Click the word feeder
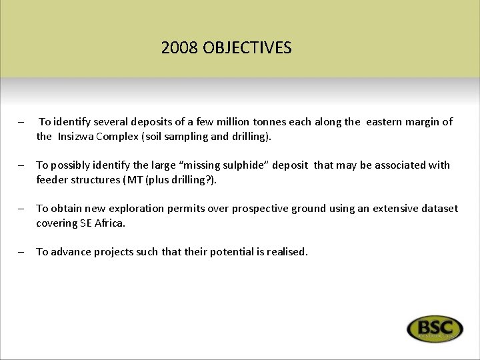coord(52,179)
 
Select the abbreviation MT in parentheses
coord(147,179)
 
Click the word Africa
coord(109,223)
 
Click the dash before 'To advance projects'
coord(22,253)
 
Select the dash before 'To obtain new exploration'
coord(22,209)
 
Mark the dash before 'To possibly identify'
coord(22,165)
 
